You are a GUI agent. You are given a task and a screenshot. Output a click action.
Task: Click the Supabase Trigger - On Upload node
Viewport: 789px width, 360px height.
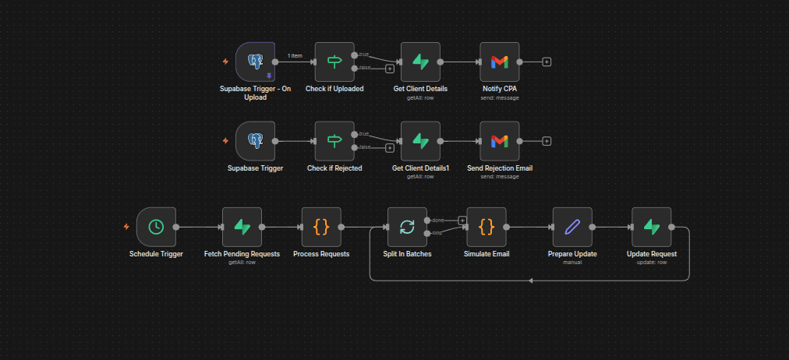[255, 62]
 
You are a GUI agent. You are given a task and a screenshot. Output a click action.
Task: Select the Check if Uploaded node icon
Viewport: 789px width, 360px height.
[334, 62]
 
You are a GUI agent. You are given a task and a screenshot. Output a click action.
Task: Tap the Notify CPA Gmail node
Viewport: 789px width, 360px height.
[500, 62]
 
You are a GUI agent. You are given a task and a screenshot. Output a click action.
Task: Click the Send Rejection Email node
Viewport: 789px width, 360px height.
[500, 141]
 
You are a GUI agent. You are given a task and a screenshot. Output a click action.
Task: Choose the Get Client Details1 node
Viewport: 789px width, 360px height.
[420, 141]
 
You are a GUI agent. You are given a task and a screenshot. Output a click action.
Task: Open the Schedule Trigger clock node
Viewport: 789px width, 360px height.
[156, 227]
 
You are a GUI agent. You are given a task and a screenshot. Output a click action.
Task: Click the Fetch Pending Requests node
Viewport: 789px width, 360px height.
[242, 227]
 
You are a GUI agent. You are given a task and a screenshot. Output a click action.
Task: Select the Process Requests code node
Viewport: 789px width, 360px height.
[321, 227]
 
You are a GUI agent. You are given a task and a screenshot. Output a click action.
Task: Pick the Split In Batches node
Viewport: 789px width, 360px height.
[407, 227]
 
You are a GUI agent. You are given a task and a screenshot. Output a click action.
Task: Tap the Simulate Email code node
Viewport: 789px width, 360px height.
[486, 227]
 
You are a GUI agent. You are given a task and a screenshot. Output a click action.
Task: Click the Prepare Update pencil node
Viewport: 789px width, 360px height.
[572, 227]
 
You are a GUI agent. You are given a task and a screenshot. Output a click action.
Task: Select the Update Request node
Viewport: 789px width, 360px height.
[652, 227]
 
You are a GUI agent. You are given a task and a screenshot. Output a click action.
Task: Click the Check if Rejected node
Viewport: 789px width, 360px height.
[334, 141]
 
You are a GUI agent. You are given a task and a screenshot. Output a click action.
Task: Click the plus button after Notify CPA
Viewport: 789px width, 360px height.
[547, 62]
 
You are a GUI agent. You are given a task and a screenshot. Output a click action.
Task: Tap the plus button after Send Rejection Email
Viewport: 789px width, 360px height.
[547, 141]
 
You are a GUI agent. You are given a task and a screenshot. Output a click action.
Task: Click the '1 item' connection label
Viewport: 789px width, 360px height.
[295, 55]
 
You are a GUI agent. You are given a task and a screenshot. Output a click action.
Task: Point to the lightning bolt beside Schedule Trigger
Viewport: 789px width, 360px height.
[126, 227]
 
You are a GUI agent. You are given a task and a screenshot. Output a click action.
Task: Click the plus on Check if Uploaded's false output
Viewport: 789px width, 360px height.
[390, 69]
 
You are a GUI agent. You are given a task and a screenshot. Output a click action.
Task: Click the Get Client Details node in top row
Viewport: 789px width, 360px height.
[420, 62]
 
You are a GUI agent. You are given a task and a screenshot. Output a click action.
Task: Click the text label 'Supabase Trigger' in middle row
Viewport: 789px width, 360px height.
[255, 168]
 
